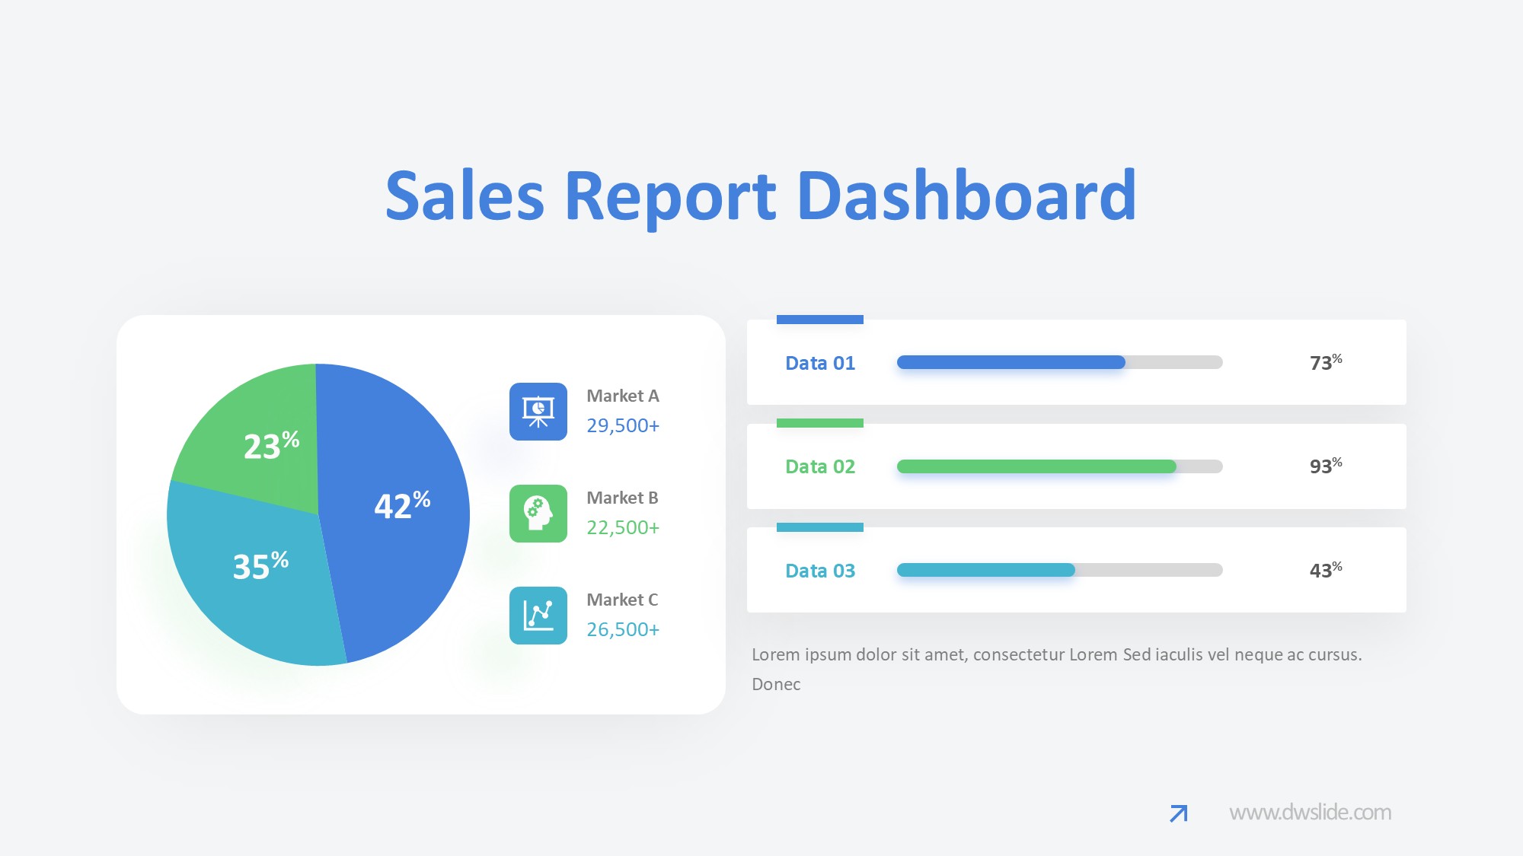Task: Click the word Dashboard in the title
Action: (966, 196)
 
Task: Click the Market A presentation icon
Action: (538, 412)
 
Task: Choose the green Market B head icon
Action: (538, 514)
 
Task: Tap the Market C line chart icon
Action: (538, 616)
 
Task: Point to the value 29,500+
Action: (622, 425)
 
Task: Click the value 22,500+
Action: (622, 527)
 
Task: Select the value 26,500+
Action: (622, 629)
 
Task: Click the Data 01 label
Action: (820, 363)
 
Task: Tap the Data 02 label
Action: (820, 466)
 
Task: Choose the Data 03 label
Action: (820, 571)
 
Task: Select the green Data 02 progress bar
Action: (1036, 466)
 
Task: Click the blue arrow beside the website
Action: (1179, 813)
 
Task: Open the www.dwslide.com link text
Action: (1310, 813)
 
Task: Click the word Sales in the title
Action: (465, 196)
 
